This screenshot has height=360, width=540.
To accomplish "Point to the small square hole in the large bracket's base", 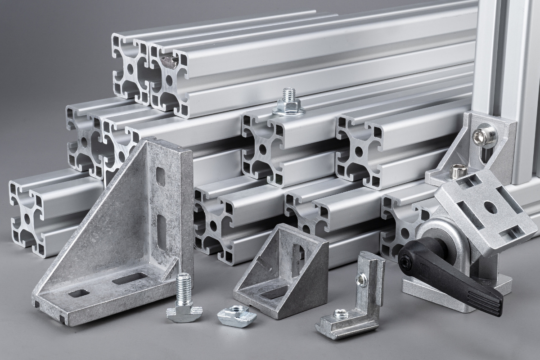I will pyautogui.click(x=78, y=294).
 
